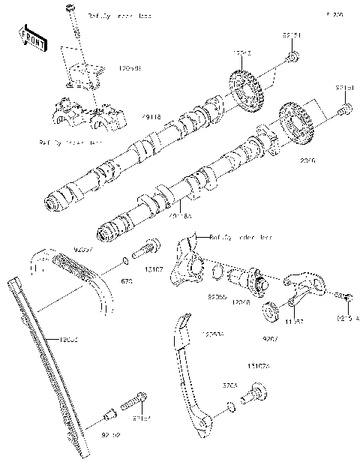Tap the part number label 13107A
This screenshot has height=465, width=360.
click(x=259, y=367)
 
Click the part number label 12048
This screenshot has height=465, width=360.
click(x=241, y=301)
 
